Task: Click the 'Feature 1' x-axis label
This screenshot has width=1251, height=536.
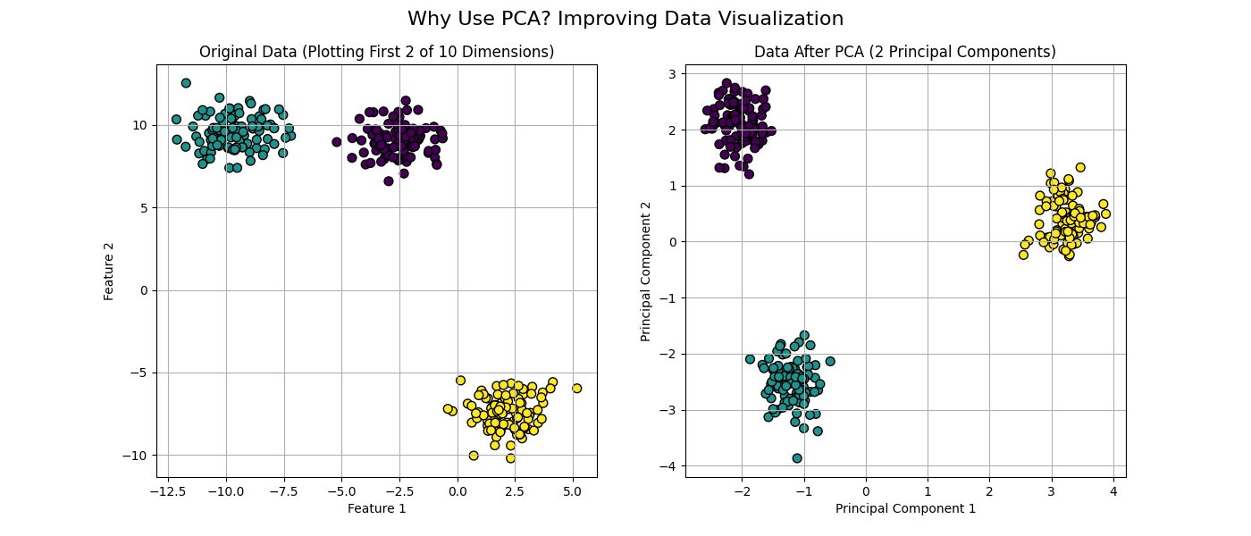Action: click(376, 508)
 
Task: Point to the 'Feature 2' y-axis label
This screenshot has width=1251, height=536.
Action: click(109, 270)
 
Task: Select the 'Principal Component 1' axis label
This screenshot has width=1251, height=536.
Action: click(905, 508)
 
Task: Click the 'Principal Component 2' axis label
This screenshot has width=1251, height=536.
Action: click(645, 270)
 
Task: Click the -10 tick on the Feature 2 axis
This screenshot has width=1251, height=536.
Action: click(139, 456)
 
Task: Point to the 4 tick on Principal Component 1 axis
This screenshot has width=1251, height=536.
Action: click(1113, 490)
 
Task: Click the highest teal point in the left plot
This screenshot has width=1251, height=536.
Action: click(186, 83)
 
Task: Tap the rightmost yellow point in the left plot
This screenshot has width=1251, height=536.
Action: click(577, 389)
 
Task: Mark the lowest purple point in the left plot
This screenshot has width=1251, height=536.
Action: click(389, 181)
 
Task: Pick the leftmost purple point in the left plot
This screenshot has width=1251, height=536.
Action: click(337, 142)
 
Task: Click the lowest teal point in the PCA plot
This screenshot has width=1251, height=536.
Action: click(797, 458)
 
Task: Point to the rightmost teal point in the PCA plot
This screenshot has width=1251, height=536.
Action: click(830, 362)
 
